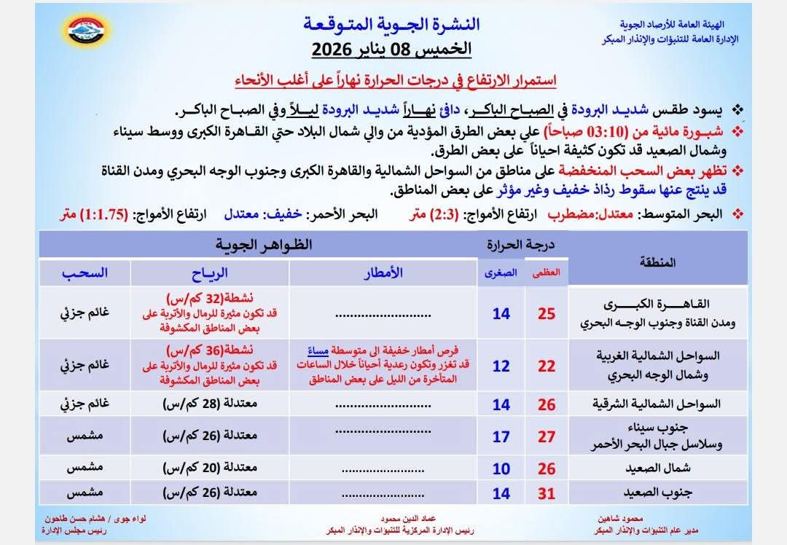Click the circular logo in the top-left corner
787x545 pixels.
pos(87,31)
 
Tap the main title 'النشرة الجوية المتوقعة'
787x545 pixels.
pos(392,23)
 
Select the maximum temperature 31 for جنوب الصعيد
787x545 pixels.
pos(547,493)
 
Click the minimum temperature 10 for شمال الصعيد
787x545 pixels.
pos(501,468)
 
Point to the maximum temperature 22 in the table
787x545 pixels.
pos(547,366)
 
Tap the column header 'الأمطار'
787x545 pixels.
pos(383,272)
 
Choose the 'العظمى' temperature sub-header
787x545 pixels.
pos(548,272)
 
